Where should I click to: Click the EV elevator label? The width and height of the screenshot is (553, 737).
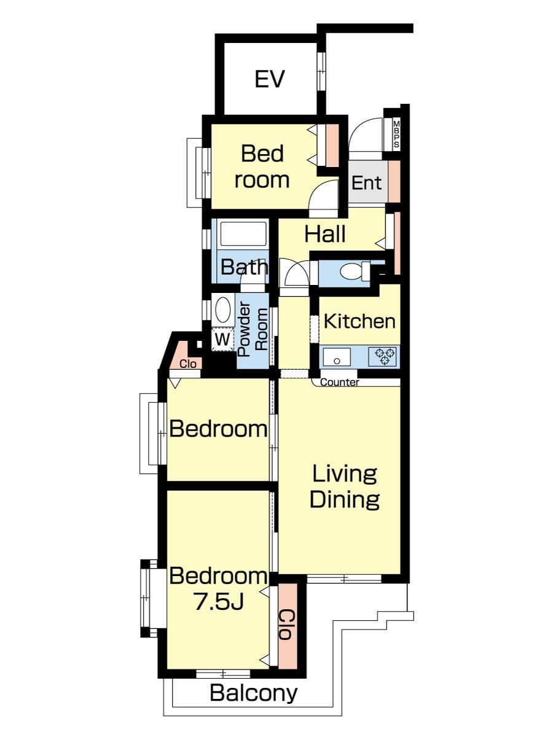(270, 79)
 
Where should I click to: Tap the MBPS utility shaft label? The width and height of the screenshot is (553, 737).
(396, 135)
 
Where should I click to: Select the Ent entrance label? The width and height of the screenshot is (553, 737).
(366, 183)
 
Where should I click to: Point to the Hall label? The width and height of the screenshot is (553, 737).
(324, 234)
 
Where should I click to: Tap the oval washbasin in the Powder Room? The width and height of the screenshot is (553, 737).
(222, 310)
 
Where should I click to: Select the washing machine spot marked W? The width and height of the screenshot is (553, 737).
(222, 339)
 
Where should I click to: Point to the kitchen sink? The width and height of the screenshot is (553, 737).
(337, 357)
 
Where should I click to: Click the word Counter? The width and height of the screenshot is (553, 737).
(339, 382)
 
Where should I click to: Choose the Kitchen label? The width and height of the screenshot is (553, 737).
(359, 321)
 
